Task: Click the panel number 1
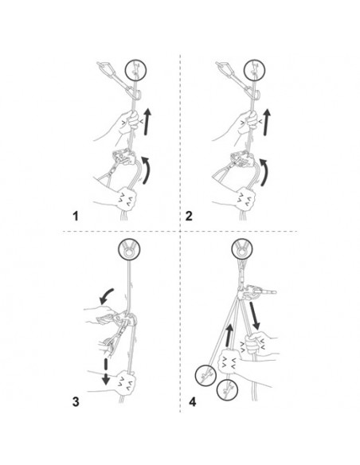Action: click(76, 216)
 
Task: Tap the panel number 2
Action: click(189, 216)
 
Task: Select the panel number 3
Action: click(76, 402)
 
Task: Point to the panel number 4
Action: click(193, 402)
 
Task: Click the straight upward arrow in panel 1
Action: click(147, 122)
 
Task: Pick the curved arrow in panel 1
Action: click(147, 170)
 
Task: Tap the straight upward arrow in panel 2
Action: click(268, 122)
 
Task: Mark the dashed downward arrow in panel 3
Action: click(105, 372)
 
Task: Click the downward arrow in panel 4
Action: click(254, 316)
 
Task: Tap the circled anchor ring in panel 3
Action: click(128, 249)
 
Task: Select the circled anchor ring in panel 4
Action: click(242, 248)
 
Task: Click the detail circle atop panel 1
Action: click(135, 71)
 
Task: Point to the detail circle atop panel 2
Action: click(254, 71)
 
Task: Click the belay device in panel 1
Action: click(124, 157)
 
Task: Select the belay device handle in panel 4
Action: click(265, 292)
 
